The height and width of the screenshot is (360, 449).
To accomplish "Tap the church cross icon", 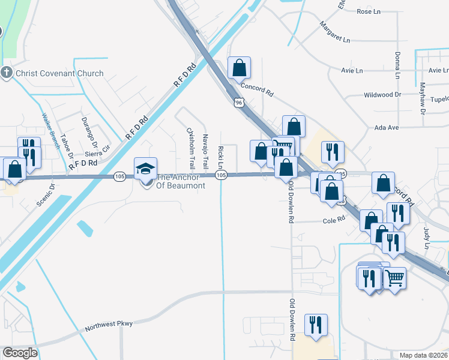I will coord(7,73).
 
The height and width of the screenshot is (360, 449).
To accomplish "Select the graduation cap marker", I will coord(146,170).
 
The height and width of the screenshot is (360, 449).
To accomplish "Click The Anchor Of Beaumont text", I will coord(181,181).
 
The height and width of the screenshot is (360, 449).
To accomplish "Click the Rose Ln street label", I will coord(369,11).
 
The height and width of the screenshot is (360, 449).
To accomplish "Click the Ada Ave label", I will coord(386,128).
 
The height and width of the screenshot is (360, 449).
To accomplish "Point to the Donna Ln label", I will coord(397,65).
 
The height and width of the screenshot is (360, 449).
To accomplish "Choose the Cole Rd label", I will coord(334,220).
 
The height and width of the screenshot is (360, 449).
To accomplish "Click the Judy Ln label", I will coord(427,238).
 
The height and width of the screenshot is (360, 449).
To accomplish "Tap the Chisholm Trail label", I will coord(190,147).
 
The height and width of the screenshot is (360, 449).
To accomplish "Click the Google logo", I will coord(20,353).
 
